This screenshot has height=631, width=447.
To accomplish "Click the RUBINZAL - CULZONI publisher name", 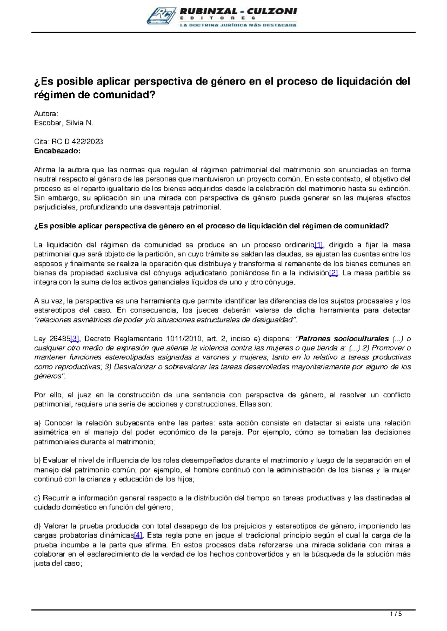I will [x=238, y=11].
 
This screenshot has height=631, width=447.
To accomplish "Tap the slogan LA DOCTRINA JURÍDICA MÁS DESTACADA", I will [x=238, y=25].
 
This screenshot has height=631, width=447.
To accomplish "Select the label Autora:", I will [x=46, y=113].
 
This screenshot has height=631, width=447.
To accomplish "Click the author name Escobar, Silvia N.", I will [x=64, y=123].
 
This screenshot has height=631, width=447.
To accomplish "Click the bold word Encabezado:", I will [x=57, y=151].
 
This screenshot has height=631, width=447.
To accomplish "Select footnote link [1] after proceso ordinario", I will [x=319, y=245].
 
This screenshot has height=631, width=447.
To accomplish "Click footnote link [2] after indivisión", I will [x=333, y=273].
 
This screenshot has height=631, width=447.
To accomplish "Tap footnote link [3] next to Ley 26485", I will [x=75, y=339].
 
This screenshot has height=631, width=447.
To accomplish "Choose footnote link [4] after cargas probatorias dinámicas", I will [x=138, y=535].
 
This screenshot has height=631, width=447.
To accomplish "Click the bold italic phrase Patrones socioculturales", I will [x=343, y=339].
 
